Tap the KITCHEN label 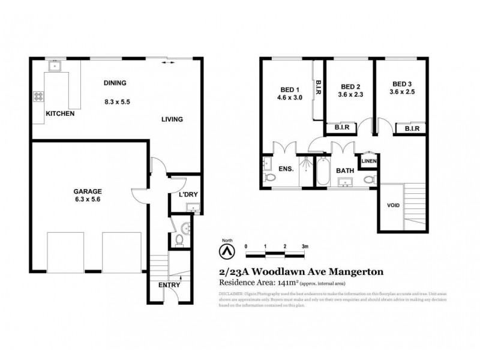click(60, 113)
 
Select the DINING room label click(115, 83)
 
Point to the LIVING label click(172, 119)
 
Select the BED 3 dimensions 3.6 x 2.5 click(403, 92)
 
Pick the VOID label click(393, 205)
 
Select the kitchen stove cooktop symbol click(40, 96)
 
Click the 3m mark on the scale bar click(305, 246)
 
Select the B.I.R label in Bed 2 click(341, 128)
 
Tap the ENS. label click(286, 170)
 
